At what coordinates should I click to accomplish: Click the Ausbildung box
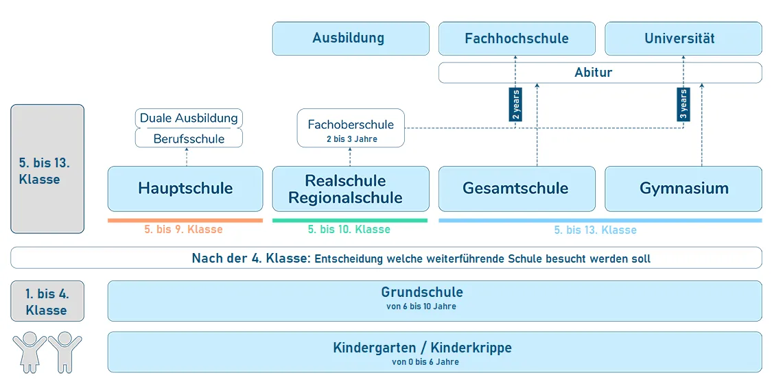pos(350,38)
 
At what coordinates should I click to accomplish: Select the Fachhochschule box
pos(517,38)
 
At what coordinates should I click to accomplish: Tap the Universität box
pos(683,38)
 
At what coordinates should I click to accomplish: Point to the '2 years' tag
pos(515,104)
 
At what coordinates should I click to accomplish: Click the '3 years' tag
pos(683,104)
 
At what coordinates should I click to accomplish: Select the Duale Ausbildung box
pos(189,118)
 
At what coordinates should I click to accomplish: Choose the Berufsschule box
pos(189,139)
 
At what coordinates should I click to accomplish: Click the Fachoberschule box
pos(351,128)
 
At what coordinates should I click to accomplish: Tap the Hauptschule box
pos(185,189)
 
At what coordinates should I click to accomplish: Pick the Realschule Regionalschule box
pos(351,189)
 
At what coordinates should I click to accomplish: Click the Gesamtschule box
pos(517,189)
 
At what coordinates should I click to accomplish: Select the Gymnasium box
pos(683,189)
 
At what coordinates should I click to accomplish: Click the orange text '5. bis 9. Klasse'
pos(183,230)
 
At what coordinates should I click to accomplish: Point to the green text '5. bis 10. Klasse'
pos(349,230)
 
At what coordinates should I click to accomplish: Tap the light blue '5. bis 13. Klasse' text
pos(595,230)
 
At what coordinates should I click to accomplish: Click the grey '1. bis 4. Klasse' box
pos(47,302)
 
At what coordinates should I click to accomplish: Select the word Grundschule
pos(422,293)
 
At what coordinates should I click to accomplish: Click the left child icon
pos(30,351)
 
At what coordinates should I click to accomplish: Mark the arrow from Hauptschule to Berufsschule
pos(187,157)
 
